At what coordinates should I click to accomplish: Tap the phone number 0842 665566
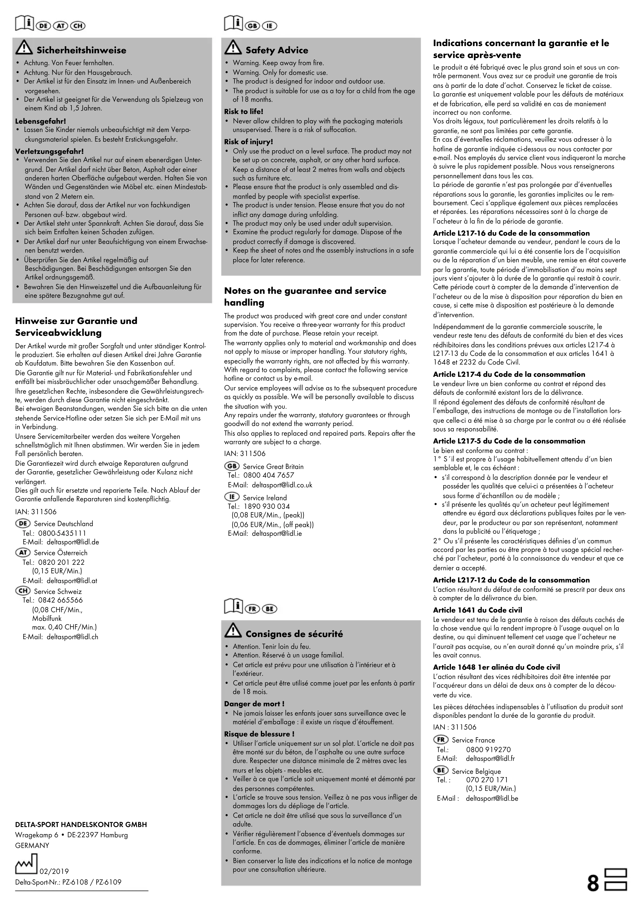click(61, 600)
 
